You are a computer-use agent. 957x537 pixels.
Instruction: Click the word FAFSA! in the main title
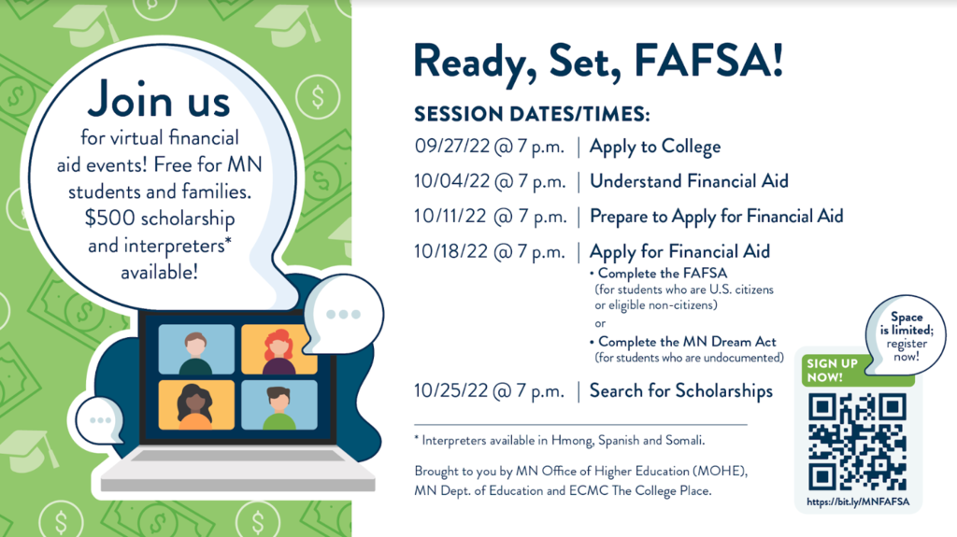pos(708,62)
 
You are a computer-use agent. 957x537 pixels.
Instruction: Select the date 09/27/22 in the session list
pos(452,147)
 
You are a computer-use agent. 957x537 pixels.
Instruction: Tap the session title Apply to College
pos(655,147)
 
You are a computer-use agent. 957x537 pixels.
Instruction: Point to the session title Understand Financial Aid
pos(689,181)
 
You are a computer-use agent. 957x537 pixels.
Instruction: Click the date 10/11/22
pos(450,216)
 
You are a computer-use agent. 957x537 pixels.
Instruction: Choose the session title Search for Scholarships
pos(681,391)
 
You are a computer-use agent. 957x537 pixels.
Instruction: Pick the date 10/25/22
pos(451,390)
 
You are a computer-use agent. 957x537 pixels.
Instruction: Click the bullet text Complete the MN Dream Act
pos(687,342)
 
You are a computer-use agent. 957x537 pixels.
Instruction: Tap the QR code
pos(858,442)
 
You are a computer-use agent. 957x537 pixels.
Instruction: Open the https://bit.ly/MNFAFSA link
pos(858,502)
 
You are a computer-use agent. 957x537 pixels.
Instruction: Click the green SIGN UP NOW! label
pos(833,371)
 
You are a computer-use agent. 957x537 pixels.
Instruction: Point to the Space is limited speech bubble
pos(906,334)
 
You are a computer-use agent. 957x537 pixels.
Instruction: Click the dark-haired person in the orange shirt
pos(194,406)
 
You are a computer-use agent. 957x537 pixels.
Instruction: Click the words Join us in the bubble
pos(159,100)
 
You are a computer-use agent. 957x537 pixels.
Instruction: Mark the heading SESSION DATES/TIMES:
pos(532,114)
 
